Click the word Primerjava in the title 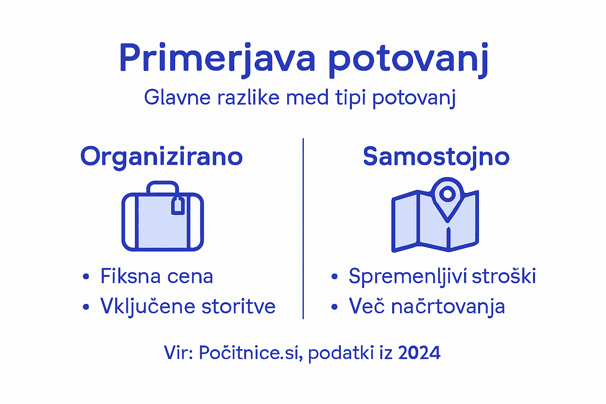coord(217,58)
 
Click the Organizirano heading coord(161,157)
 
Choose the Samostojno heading coord(436,157)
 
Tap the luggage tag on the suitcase coord(178,206)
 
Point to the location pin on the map coord(447,194)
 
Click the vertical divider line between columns coord(303,229)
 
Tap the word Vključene coord(148,306)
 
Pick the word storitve coord(238,306)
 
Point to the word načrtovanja coord(448,307)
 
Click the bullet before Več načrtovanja coord(335,307)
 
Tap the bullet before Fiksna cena coord(86,276)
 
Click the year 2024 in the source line coord(419,352)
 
